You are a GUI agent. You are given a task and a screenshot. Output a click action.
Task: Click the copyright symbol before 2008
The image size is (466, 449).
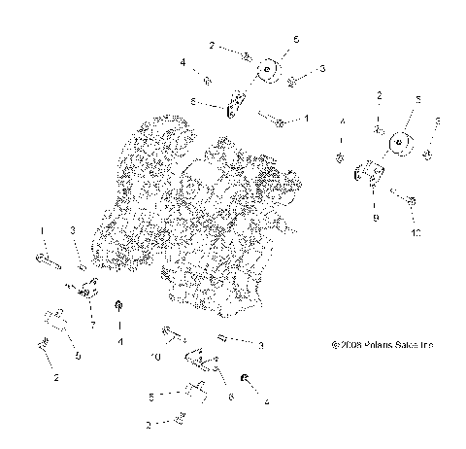(335, 344)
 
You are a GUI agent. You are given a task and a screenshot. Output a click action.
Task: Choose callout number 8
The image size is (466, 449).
(193, 102)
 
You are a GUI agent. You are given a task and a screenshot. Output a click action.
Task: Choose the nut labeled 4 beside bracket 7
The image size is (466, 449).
(118, 308)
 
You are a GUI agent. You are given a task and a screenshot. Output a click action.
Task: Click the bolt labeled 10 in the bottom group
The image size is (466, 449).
(174, 336)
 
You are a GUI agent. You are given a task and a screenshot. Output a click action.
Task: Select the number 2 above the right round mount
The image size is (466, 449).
(380, 95)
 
